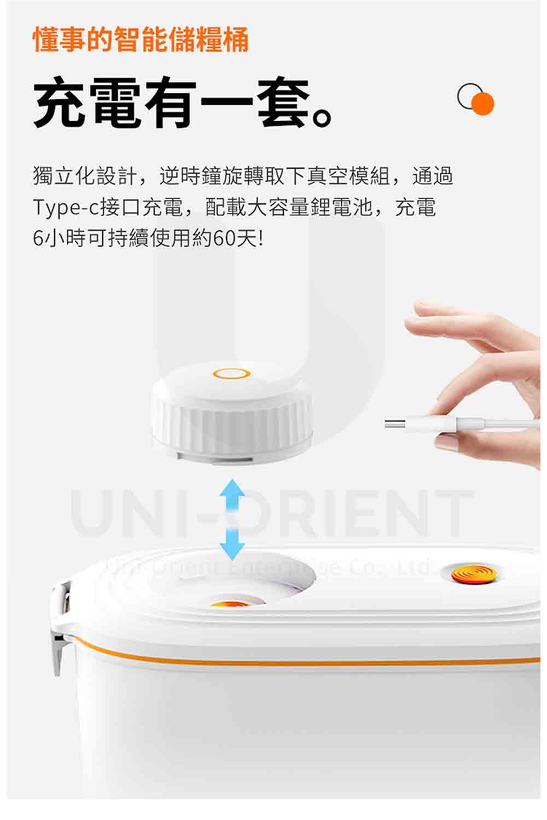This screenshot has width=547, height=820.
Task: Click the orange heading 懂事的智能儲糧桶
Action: point(141,39)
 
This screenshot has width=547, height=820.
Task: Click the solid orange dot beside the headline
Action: point(483,104)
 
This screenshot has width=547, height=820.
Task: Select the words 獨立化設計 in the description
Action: point(85,176)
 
